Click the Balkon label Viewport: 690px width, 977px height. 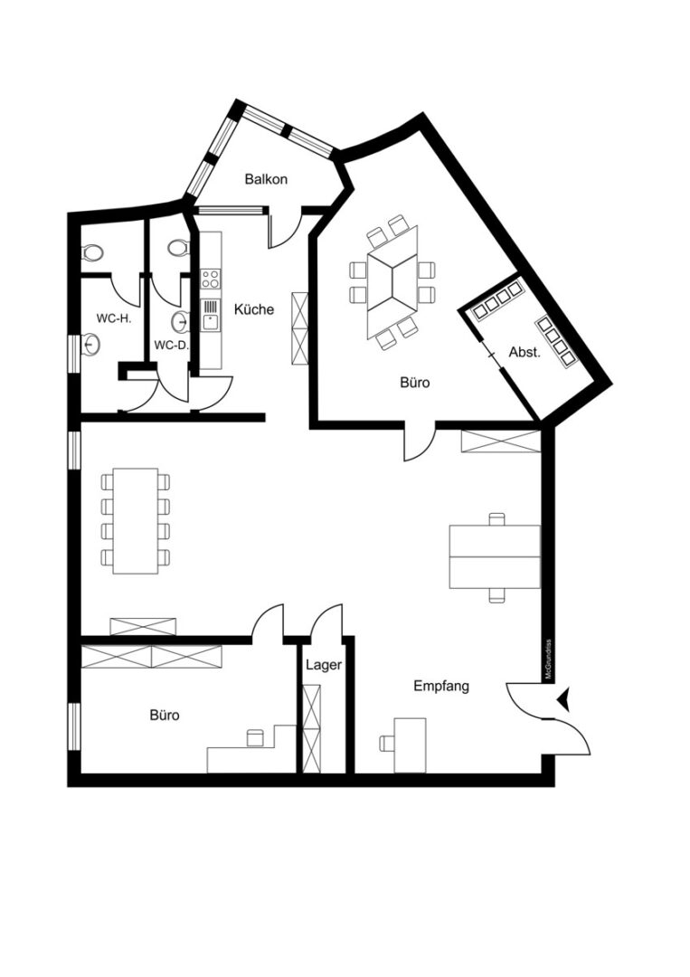266,179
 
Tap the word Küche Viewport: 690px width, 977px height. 254,309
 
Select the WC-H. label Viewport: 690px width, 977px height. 113,318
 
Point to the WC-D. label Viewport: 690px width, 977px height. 171,345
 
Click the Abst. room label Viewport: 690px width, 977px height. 525,352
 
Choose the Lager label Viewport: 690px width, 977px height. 324,665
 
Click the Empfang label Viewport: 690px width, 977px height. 441,687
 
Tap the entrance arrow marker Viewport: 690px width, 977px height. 564,699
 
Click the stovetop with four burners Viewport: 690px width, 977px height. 211,279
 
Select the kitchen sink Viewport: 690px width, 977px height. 211,316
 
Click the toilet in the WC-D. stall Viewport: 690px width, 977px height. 178,247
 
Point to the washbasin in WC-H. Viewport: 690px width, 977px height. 91,345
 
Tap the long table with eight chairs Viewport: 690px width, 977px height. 136,521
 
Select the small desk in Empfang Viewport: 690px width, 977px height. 410,745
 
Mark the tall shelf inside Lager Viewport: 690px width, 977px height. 311,729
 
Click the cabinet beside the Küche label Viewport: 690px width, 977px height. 299,328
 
